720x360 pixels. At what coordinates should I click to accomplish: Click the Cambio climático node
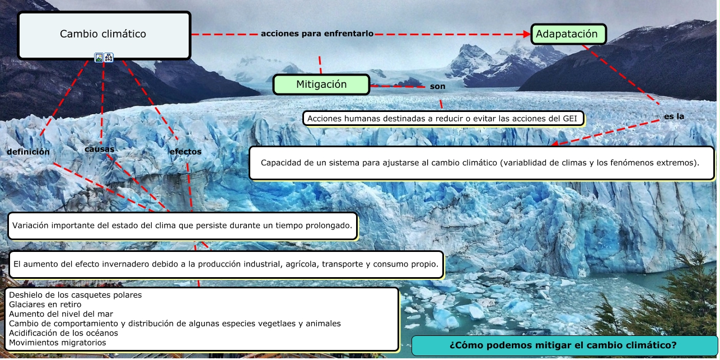coord(104,34)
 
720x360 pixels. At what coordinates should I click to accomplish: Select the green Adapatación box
coord(568,34)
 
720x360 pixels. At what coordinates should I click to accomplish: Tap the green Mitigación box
coord(321,85)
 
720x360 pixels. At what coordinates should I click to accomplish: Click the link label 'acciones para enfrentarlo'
coord(317,34)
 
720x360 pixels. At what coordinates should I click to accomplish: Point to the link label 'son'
coord(437,87)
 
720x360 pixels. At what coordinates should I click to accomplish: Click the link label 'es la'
coord(674,116)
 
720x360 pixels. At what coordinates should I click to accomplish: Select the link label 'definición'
coord(29,152)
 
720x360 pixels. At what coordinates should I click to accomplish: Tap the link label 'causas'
coord(100,149)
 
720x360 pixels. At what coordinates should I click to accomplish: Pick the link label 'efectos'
coord(185,152)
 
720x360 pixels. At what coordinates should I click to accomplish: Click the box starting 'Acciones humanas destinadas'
coord(443,119)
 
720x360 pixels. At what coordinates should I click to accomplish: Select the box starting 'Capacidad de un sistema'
coord(481,163)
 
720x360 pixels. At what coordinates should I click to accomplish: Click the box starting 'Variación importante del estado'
coord(183,226)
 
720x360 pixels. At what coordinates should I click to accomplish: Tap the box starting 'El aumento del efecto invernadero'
coord(226,264)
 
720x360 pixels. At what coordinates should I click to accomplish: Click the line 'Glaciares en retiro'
coord(41,305)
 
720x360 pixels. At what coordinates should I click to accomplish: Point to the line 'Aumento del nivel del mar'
coord(53,314)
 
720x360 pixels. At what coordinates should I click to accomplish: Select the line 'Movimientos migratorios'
coord(58,343)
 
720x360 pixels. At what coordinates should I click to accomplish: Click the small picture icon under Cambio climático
coord(99,57)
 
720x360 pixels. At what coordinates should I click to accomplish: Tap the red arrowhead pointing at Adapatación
coord(526,34)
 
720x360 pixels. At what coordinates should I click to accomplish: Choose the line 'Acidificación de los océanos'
coord(63,333)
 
